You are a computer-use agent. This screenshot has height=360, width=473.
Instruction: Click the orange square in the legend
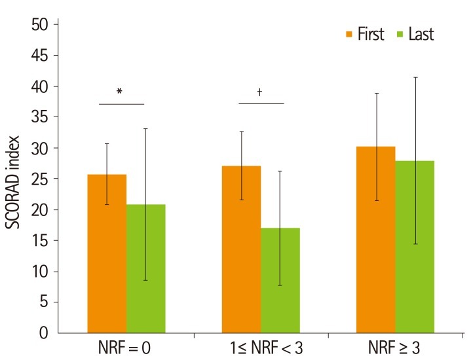pos(349,33)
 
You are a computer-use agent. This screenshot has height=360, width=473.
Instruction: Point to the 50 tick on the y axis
pos(41,25)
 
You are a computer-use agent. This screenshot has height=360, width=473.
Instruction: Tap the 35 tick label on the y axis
pos(41,117)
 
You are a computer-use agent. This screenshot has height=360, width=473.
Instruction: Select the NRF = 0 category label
pos(126,348)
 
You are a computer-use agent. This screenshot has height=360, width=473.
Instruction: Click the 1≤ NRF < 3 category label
pos(261,348)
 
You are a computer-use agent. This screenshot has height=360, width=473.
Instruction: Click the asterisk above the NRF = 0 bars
pos(119,92)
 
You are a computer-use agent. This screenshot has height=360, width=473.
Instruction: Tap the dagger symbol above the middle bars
pos(260,92)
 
